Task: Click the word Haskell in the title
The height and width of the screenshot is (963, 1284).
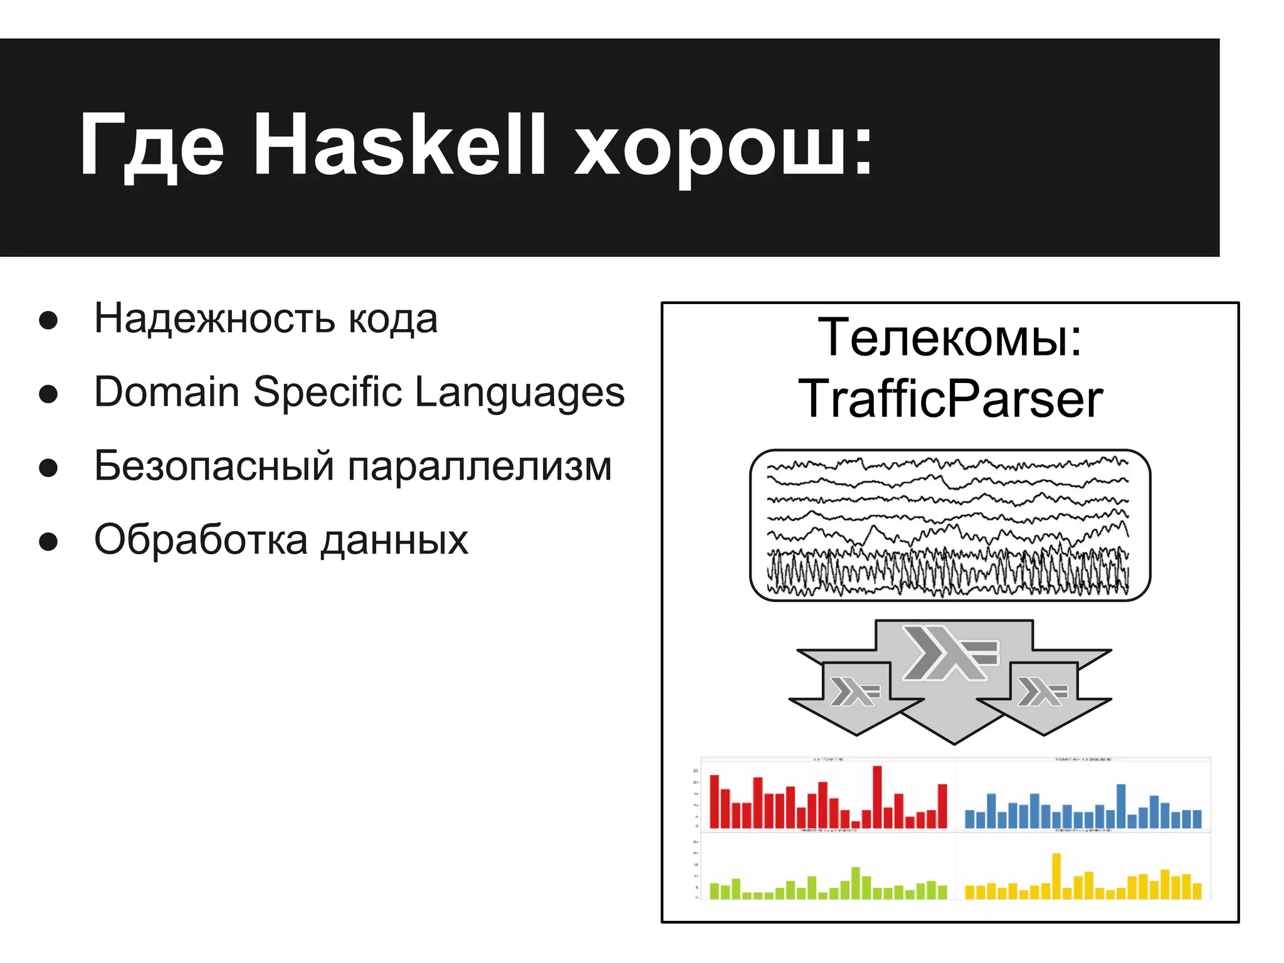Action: [399, 145]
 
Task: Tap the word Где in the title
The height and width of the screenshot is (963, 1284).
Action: [150, 145]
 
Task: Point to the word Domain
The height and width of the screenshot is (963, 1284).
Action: [166, 392]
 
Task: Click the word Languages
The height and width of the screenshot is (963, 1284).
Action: [520, 394]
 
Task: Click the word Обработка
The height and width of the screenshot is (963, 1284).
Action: [201, 540]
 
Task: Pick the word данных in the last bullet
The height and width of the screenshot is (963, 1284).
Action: [394, 541]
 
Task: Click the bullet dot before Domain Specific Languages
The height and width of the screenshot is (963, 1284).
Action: [48, 394]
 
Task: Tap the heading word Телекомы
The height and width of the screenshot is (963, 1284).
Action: [950, 339]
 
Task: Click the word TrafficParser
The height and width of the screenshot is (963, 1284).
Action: [950, 399]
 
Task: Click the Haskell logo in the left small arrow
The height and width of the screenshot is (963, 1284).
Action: [855, 692]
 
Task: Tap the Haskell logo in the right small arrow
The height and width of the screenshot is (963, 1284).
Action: [1042, 692]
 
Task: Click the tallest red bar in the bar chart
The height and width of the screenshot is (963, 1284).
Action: [877, 796]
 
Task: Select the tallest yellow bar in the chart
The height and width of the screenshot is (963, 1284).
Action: [1056, 876]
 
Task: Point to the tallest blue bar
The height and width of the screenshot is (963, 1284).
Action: [1121, 806]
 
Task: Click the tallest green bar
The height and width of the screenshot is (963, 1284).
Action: [856, 883]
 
